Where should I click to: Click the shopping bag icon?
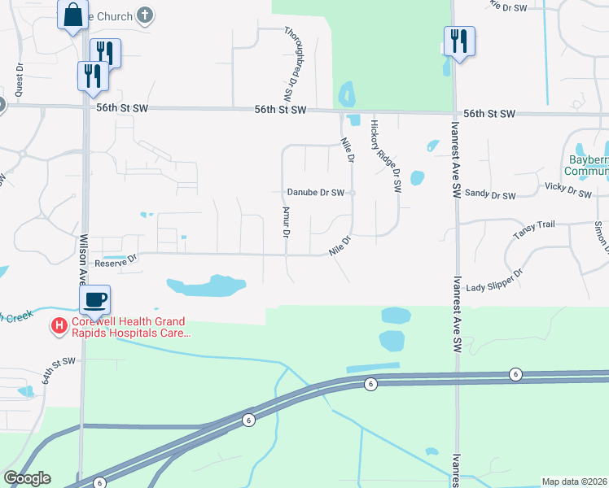click(x=72, y=14)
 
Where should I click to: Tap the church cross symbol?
click(x=145, y=15)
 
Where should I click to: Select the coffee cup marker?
click(x=94, y=298)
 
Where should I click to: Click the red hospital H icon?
click(x=59, y=327)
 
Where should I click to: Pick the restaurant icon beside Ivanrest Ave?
click(x=459, y=41)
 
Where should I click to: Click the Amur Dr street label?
click(x=286, y=222)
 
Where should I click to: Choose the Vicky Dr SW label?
click(x=567, y=191)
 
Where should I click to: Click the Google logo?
click(x=27, y=478)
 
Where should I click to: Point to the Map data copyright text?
click(x=574, y=481)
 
